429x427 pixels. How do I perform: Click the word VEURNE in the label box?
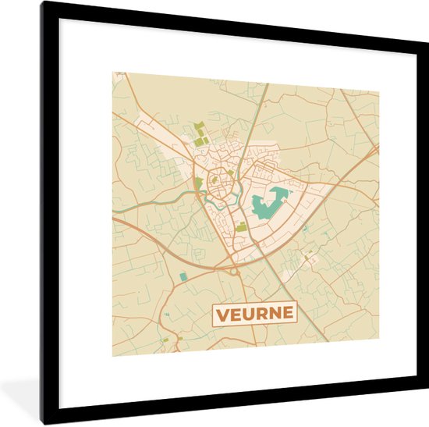[255, 314]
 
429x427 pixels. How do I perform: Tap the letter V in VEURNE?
[222, 314]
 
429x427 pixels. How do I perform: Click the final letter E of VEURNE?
[289, 314]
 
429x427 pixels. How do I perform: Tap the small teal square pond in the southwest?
[183, 276]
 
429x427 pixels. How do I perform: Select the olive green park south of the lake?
[241, 226]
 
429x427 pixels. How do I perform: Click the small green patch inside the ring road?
[214, 179]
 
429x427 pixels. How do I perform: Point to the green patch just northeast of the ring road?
[234, 166]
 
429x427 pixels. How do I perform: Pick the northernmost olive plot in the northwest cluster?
[198, 126]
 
